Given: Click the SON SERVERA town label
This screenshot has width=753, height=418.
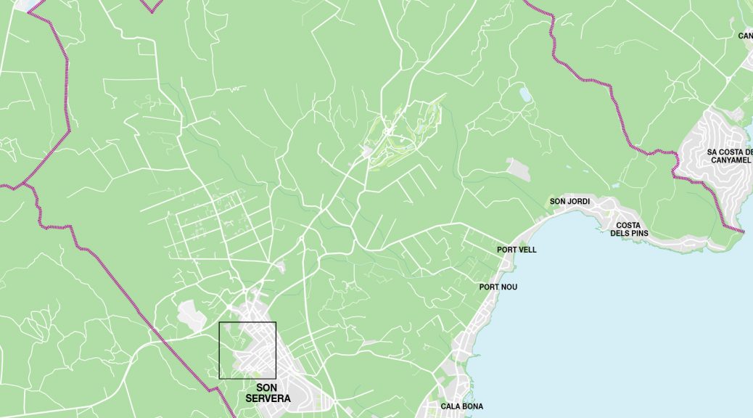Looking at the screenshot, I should [268, 393].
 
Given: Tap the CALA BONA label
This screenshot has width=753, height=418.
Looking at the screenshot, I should [461, 406].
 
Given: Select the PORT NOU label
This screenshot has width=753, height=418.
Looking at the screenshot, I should [498, 287].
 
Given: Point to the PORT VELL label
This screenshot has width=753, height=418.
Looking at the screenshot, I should [517, 250].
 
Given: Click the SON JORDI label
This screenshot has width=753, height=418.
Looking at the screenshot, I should [569, 201].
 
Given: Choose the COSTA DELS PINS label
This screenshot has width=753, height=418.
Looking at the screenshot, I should [629, 229].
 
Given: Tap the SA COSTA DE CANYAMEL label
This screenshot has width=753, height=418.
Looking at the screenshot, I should [729, 156].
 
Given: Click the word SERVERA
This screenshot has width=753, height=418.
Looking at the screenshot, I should [268, 398].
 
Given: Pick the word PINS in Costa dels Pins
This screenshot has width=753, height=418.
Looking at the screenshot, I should [638, 234].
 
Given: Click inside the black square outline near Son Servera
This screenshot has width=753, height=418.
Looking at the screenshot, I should [247, 350].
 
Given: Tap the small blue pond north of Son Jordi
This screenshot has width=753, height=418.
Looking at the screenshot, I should [525, 94].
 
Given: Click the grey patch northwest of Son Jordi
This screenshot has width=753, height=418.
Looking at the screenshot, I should [519, 169].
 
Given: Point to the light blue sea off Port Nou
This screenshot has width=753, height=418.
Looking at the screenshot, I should [617, 327].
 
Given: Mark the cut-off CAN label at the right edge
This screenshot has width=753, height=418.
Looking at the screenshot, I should [745, 36].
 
